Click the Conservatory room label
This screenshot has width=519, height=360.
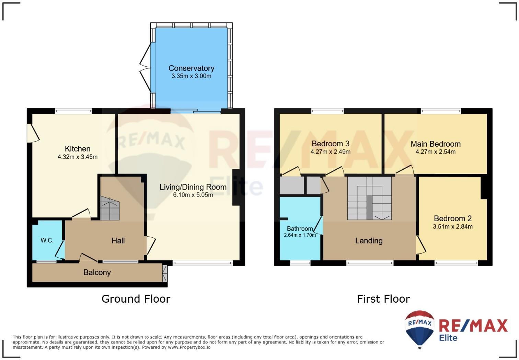click(x=191, y=68)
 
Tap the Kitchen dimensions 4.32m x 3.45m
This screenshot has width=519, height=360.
click(x=78, y=157)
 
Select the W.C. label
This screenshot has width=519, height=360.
click(x=47, y=240)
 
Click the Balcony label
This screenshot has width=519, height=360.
click(x=97, y=272)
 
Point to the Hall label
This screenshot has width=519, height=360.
click(x=118, y=240)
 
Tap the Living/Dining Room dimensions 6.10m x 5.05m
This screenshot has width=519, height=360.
click(x=193, y=195)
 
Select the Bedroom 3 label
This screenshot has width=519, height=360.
click(x=330, y=144)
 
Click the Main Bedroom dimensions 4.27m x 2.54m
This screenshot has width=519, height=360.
click(x=435, y=151)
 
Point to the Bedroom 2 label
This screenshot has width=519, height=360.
click(x=452, y=218)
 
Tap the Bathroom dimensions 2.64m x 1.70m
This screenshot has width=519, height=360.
click(x=300, y=235)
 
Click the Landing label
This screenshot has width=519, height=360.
click(x=369, y=241)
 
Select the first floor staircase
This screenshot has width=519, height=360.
click(x=369, y=199)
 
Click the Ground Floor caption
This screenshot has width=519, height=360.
click(x=136, y=299)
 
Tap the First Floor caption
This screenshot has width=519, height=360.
click(x=383, y=299)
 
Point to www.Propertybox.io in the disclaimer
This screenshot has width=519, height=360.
click(x=189, y=347)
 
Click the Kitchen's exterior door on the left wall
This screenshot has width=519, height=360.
click(x=33, y=133)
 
